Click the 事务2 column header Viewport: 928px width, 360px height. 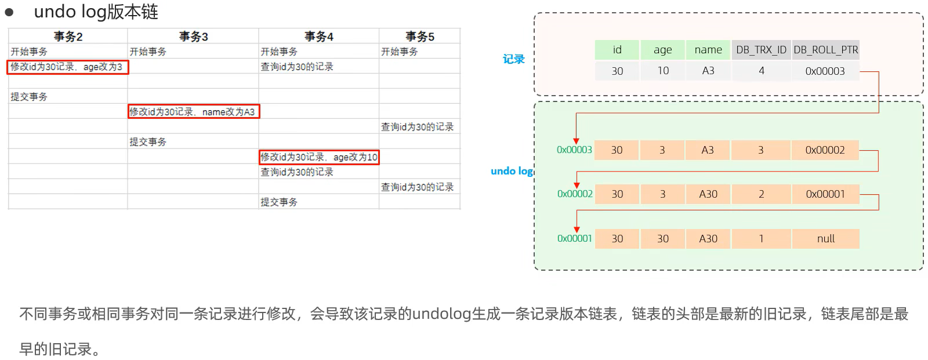coord(68,37)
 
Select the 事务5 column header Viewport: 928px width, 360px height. coord(419,37)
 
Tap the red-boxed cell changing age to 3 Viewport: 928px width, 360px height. coord(67,67)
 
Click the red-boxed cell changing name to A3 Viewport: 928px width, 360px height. coord(194,111)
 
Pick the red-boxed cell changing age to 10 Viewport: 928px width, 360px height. coord(319,157)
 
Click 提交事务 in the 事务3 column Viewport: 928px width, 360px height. coord(148,142)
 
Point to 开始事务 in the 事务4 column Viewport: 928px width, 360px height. coord(279,52)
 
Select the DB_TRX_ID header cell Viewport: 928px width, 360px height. coord(761,50)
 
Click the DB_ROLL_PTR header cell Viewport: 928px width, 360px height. coord(825,50)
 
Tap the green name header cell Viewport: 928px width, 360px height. coord(708,50)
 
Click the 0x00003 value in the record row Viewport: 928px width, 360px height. coord(825,71)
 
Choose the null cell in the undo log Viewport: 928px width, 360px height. coord(825,239)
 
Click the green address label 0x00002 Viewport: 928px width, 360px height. coord(575,194)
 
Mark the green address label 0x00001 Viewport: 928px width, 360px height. coord(575,238)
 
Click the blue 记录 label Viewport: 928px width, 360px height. coord(513,59)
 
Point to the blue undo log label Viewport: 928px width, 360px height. coord(511,171)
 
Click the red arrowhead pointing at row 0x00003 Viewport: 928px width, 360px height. coord(576,141)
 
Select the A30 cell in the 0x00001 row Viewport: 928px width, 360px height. coord(708,239)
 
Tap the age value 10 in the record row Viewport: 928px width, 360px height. coord(663,71)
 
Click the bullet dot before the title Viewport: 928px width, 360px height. coord(9,12)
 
